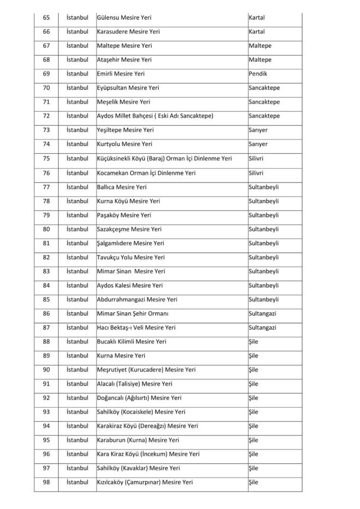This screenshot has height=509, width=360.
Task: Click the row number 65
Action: pos(46,17)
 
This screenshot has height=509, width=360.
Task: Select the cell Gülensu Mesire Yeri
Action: pos(124,17)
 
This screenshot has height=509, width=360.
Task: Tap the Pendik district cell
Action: pos(258,74)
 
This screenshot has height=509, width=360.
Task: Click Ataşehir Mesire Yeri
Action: pos(124,60)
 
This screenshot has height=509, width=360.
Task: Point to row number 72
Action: pos(46,116)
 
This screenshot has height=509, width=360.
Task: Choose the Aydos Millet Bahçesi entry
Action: pos(155,116)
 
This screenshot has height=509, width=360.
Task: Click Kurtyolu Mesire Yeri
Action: pos(124,144)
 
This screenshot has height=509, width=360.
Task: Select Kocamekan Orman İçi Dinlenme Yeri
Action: pos(146,173)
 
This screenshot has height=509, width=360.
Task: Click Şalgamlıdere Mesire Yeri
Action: pos(130,244)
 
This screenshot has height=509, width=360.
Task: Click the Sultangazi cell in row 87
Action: pos(262,328)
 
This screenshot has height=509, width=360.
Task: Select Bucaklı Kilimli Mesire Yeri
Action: pos(131,342)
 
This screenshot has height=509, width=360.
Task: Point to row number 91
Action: pos(46,384)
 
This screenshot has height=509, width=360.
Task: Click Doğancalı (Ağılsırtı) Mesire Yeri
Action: pos(139,398)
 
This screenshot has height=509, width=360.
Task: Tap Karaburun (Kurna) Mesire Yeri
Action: pos(137,440)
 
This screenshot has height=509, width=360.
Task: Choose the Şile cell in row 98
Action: pos(254,482)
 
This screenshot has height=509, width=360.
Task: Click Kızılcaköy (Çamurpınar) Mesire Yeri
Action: pos(145,482)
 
